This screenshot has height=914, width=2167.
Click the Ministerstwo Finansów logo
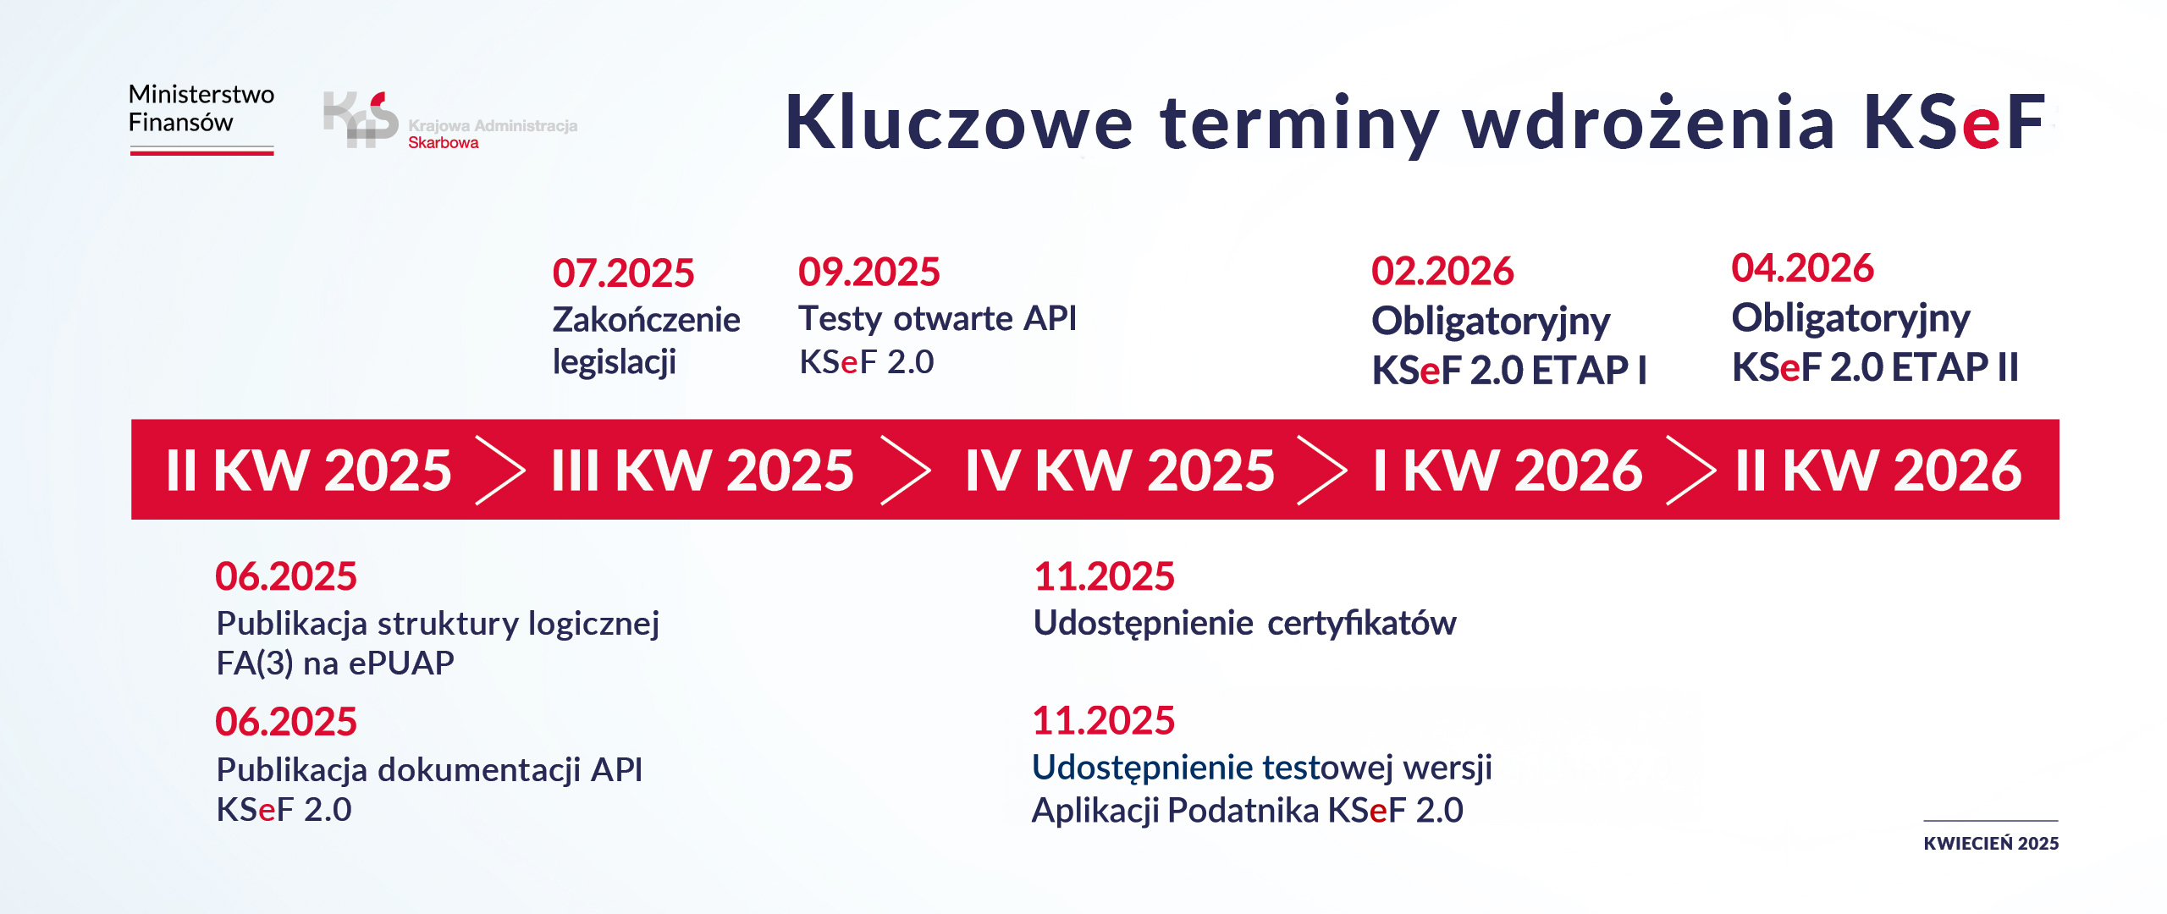(201, 118)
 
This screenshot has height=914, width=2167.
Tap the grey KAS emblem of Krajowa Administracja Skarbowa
(361, 119)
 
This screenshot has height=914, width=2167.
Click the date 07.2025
(623, 273)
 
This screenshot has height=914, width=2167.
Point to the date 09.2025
(868, 272)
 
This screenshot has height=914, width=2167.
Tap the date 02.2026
(1442, 271)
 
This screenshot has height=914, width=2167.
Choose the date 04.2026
(1802, 268)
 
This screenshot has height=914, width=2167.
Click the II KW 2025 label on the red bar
(309, 470)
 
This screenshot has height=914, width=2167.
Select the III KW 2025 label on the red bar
(702, 470)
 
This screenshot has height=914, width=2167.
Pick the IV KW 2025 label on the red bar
(1119, 470)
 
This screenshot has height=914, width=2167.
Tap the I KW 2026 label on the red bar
(1507, 470)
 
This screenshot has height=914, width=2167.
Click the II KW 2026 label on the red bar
(1878, 470)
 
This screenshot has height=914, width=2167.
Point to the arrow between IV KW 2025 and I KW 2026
(1321, 470)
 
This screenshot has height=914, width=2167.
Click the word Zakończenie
(646, 320)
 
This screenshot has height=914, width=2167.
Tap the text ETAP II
(1955, 367)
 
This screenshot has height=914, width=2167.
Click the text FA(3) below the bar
(255, 663)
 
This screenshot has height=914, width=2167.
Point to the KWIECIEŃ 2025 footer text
(1990, 843)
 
